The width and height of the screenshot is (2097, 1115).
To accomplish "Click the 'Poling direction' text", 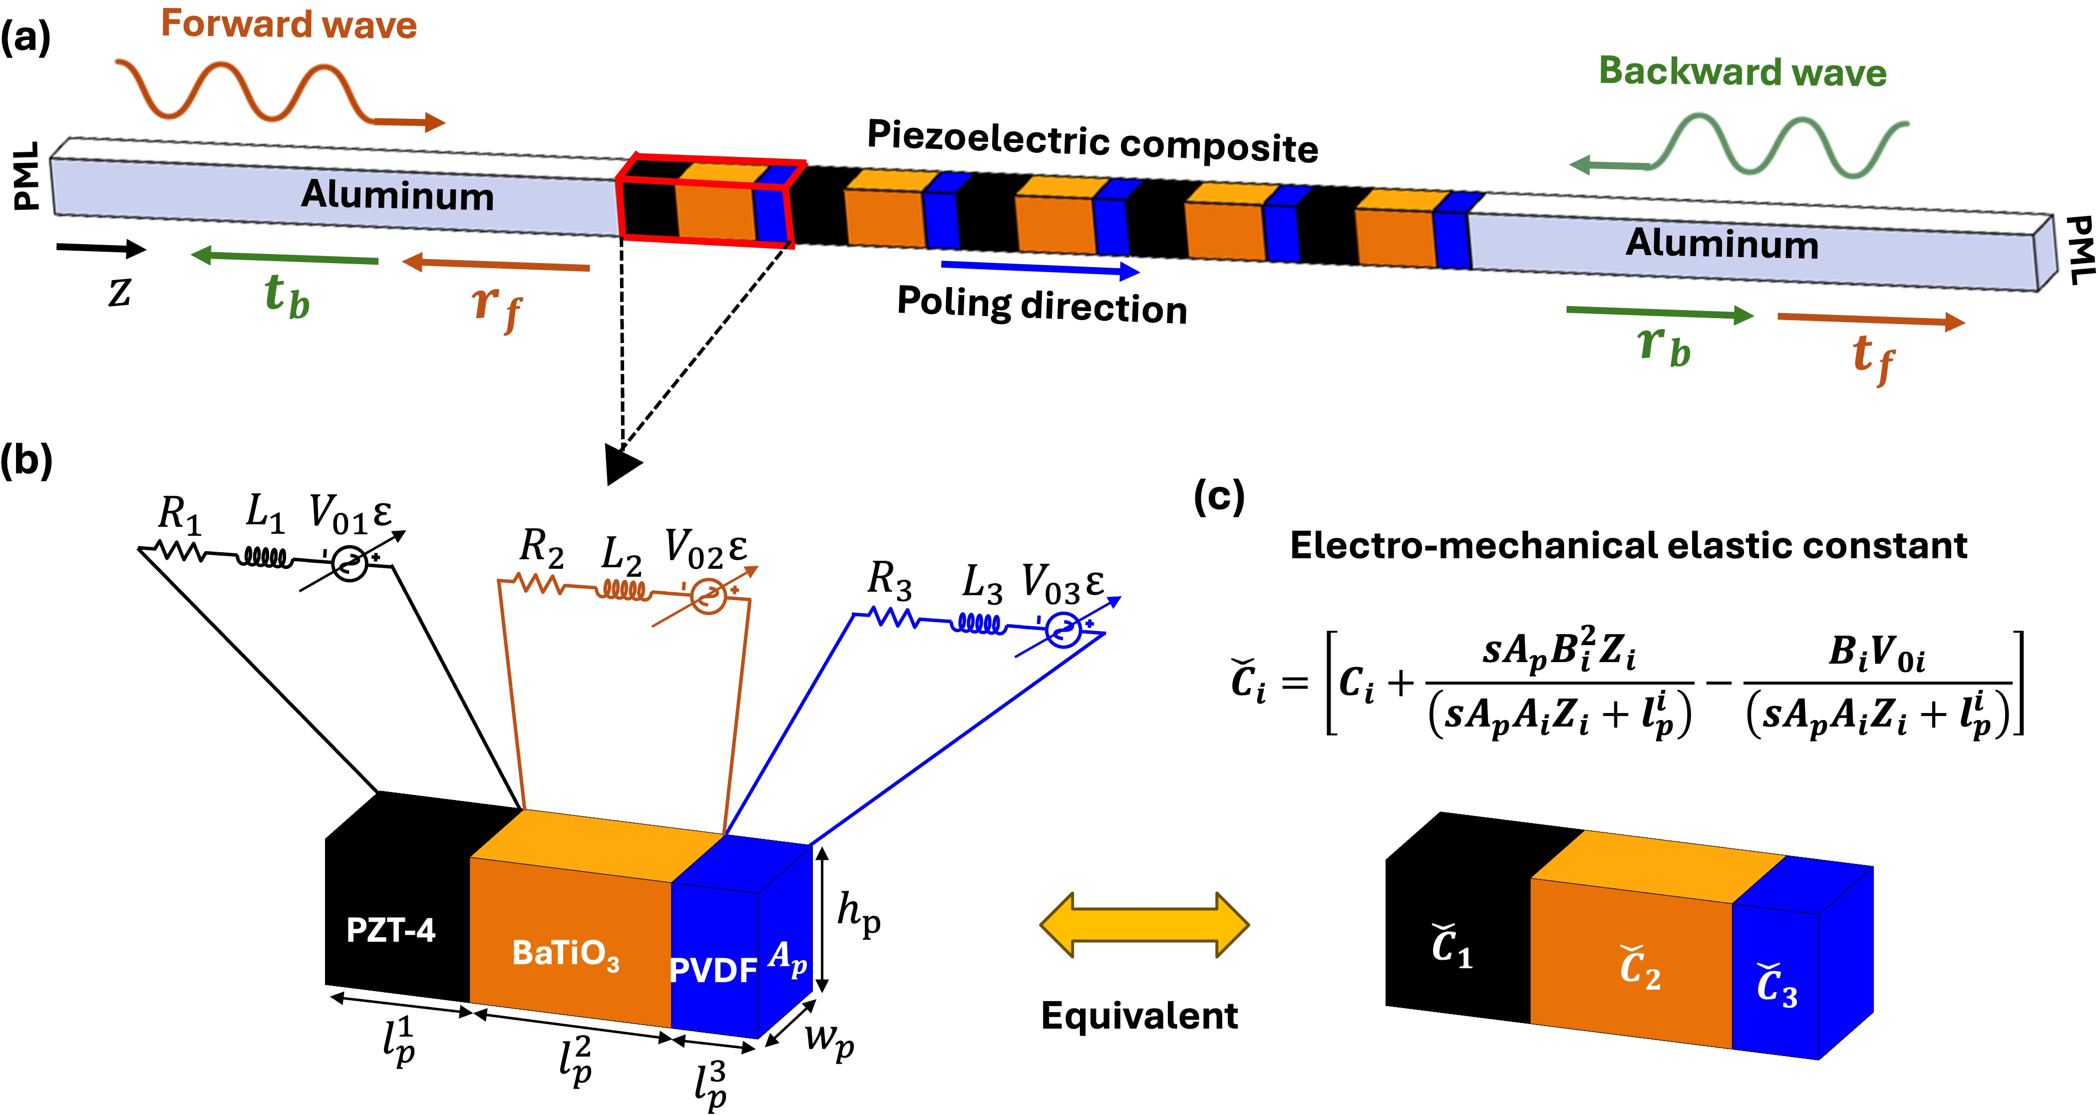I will (x=1042, y=305).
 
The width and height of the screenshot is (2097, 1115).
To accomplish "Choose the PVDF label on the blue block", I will (x=713, y=970).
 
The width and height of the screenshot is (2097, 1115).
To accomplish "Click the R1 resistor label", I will (x=179, y=514).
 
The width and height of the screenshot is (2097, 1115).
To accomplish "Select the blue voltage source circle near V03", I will (x=1062, y=629).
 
